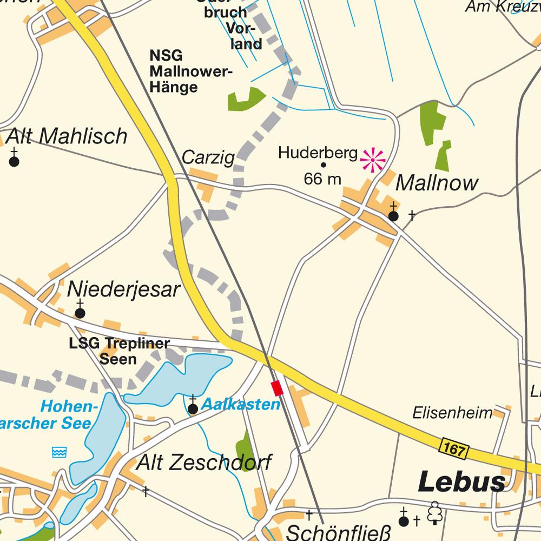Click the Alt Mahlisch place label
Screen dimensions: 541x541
[67, 137]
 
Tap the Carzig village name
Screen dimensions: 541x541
[208, 157]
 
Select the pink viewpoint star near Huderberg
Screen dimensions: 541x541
[373, 160]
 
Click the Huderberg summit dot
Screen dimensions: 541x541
[324, 165]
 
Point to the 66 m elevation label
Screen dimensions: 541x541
[322, 179]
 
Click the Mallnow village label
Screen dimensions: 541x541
[437, 183]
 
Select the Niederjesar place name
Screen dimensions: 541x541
[123, 290]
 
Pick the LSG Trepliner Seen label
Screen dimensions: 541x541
[119, 351]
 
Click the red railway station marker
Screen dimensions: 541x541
[277, 388]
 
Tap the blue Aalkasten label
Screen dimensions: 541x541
[241, 404]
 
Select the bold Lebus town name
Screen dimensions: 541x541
[462, 481]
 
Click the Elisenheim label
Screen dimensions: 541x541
[452, 413]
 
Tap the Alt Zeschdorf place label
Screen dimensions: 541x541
[203, 463]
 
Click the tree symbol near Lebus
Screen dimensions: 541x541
[434, 512]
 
